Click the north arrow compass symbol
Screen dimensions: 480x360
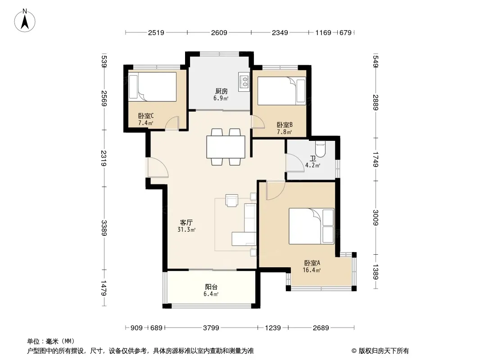coord(25,21)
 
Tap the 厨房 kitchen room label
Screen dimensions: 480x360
coord(222,91)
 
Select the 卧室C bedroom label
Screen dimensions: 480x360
coord(146,116)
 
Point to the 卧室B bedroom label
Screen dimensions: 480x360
coord(285,125)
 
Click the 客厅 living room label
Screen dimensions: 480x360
coord(186,223)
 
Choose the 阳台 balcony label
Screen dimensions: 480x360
coord(211,287)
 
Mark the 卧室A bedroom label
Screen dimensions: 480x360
coord(312,263)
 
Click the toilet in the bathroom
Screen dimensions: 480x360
coord(321,149)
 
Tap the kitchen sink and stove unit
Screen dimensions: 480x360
coord(245,81)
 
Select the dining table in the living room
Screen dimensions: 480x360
coord(226,147)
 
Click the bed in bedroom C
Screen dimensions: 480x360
coord(152,86)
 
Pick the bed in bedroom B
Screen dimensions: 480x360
coord(281,91)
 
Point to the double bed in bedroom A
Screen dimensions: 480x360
coord(312,226)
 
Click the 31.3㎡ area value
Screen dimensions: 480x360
coord(186,229)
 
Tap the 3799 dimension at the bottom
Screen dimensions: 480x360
coord(211,328)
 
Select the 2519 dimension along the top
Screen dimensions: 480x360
coord(156,32)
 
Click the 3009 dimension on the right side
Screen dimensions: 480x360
coord(376,217)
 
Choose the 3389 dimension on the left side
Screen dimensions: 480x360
coord(104,228)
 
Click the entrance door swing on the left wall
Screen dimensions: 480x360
coord(158,167)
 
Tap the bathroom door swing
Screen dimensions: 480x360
coord(294,162)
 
